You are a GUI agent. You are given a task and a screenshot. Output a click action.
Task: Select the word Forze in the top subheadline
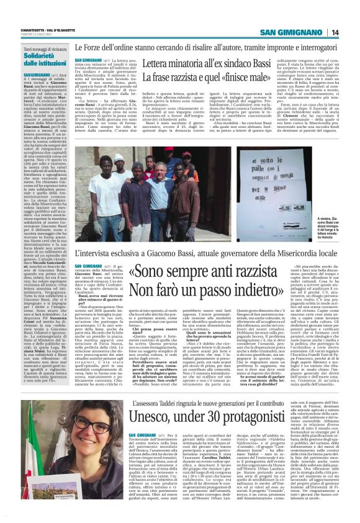(100, 47)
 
